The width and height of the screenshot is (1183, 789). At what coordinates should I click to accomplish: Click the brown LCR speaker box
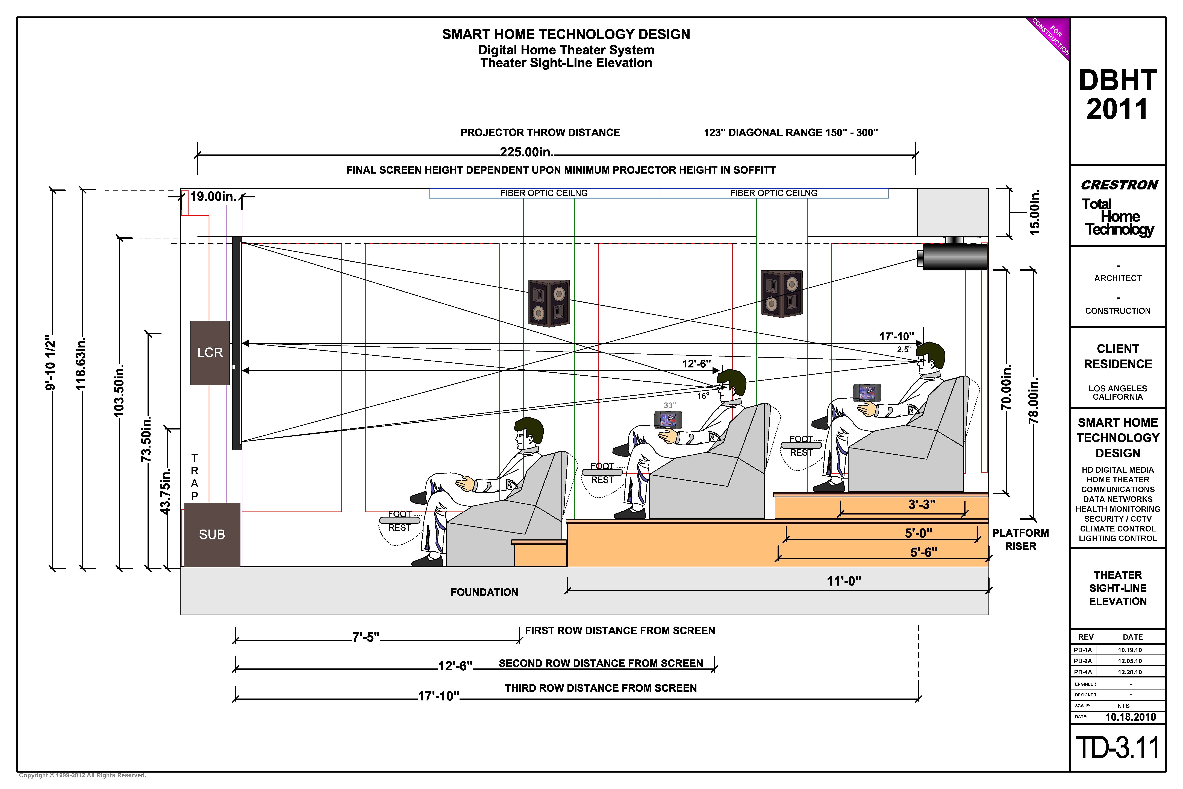[210, 353]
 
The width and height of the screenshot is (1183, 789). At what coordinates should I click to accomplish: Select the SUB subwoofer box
[212, 534]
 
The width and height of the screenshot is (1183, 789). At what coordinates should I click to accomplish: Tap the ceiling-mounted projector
[953, 257]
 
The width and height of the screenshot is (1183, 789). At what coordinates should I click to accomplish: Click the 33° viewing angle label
[669, 405]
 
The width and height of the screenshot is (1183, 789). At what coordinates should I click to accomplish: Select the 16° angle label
[703, 396]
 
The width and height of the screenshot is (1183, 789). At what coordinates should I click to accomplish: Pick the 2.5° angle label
[903, 349]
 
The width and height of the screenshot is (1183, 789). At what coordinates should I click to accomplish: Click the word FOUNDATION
[484, 592]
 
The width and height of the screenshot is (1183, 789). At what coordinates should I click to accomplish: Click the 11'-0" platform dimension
[843, 581]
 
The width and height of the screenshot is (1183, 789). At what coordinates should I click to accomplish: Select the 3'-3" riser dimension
[922, 504]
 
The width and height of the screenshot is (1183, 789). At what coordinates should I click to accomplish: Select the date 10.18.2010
[1130, 717]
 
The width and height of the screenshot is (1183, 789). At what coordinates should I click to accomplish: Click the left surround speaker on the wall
[549, 303]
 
